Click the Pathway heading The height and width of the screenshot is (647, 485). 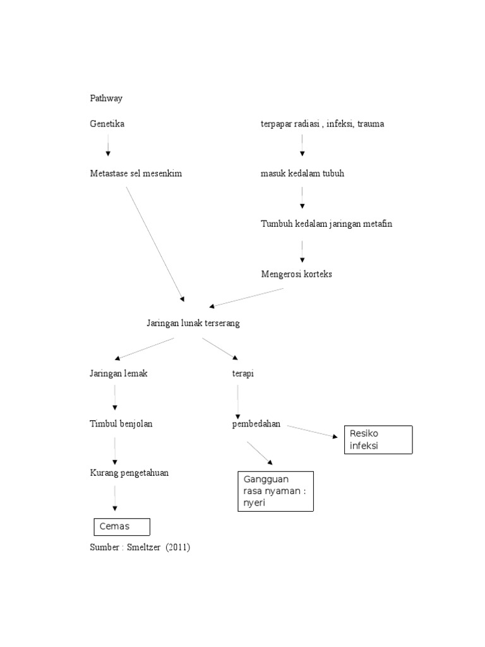[x=106, y=99]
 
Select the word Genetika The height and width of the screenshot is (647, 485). [x=107, y=124]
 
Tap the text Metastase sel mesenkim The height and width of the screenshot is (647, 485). [x=136, y=173]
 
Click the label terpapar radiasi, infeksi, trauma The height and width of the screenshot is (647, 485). [x=322, y=124]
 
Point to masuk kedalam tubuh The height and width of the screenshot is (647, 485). [x=302, y=173]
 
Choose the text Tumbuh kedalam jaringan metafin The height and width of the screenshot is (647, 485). [x=326, y=224]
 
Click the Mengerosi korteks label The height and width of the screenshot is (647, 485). [x=297, y=274]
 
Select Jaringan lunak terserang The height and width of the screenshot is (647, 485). [x=193, y=323]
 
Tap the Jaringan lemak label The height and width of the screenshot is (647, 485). [x=119, y=373]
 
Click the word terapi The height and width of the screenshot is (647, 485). [x=242, y=373]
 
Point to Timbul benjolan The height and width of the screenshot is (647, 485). [x=121, y=423]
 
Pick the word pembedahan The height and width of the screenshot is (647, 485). [x=256, y=423]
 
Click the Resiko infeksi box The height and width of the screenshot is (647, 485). [x=378, y=440]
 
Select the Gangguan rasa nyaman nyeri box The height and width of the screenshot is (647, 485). [x=275, y=491]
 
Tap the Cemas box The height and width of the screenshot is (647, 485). [x=122, y=526]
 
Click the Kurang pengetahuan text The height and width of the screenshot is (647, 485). [x=129, y=473]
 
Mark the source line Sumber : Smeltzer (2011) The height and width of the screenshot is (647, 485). [x=140, y=548]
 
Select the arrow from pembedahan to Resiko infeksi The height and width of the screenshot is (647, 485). [x=312, y=432]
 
